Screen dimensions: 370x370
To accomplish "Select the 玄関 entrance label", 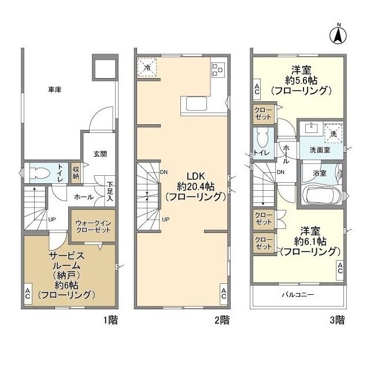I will (x=100, y=154).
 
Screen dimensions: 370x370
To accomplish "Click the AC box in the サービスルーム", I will (x=28, y=293).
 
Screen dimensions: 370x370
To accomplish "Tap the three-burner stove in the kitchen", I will (x=219, y=69).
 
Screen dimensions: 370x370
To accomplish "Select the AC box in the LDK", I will (x=224, y=293).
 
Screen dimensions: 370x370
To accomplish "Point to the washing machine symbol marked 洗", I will (x=333, y=133).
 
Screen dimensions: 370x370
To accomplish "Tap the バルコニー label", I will (x=298, y=294).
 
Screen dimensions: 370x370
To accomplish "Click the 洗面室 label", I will (x=320, y=150).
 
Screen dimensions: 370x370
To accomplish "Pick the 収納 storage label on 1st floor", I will (x=76, y=172).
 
